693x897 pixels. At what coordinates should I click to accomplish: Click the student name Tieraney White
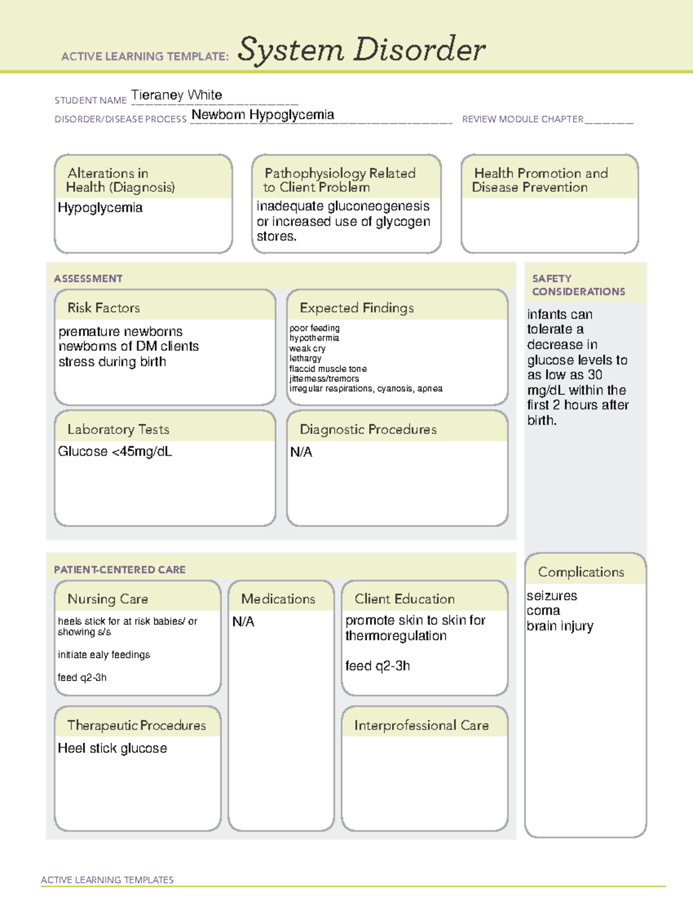coord(176,95)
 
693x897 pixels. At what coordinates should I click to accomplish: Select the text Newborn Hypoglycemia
coord(263,115)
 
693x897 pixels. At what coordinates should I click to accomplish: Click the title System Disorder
coord(361,50)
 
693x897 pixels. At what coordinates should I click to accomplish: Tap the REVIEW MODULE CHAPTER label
coord(523,119)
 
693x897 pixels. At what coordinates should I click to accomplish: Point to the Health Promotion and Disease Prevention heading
coord(540,180)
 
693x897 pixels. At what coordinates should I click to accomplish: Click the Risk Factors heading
coord(104,308)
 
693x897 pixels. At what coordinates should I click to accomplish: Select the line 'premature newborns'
coord(121,332)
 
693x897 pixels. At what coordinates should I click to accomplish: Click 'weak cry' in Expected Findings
coord(307,348)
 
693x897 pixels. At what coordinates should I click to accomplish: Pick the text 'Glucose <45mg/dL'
coord(115,452)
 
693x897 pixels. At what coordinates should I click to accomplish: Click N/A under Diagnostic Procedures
coord(301,452)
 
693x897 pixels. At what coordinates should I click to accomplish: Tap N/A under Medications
coord(243,621)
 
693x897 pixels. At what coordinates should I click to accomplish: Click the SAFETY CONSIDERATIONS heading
coord(578,285)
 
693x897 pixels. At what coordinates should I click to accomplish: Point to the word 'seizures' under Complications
coord(552,596)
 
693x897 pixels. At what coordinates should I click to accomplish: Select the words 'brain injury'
coord(560,626)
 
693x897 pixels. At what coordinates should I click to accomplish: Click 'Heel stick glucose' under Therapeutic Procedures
coord(113,749)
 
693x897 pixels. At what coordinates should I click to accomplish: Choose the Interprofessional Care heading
coord(422,725)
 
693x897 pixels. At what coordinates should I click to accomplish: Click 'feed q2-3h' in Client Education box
coord(378,666)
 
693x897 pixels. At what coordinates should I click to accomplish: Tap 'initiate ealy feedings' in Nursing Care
coord(104,655)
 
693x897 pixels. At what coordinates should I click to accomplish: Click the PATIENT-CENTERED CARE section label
coord(120,570)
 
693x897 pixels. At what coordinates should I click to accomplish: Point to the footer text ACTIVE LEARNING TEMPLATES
coord(107,880)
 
